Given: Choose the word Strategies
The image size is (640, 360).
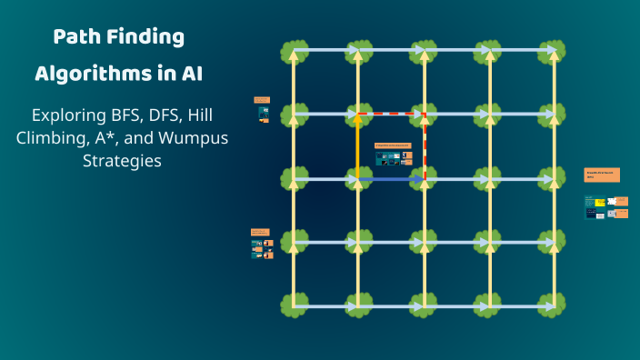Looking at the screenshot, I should [119, 162].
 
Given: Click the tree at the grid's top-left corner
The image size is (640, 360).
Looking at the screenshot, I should [293, 50].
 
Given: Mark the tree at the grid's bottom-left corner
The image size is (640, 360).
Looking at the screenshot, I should [293, 305].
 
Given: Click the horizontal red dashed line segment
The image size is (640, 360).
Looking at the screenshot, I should [391, 114].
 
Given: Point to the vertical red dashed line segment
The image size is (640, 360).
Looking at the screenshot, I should [425, 145].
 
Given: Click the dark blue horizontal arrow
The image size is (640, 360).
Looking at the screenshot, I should [391, 179].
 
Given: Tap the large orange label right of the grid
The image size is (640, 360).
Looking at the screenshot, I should [602, 175].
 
